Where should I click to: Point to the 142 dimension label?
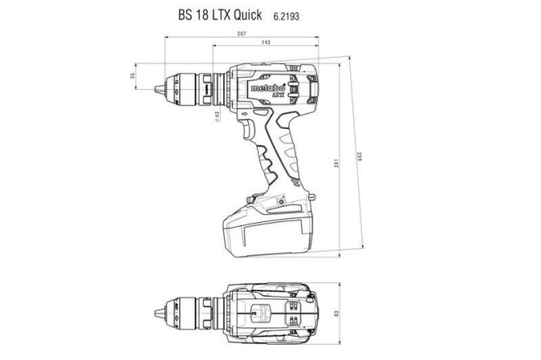[x=266, y=45]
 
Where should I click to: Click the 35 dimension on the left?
[x=133, y=77]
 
